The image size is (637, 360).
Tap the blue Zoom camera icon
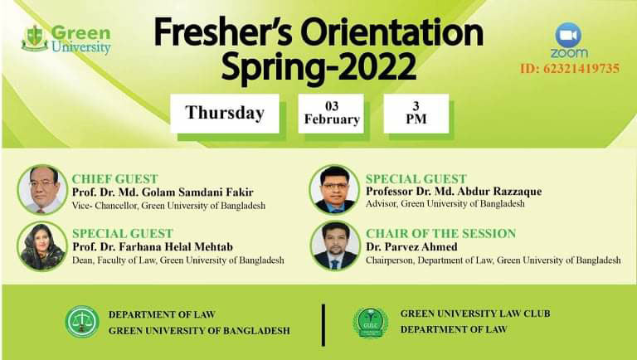568,35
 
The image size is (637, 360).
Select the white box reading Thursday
225,113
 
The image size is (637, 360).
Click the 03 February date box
332,113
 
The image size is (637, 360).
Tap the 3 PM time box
416,113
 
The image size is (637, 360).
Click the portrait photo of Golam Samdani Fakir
42,190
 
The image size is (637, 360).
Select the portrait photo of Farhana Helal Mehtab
42,246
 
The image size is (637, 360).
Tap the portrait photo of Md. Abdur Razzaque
335,190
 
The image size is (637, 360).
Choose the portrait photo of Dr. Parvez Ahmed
335,246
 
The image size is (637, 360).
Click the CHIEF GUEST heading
110,178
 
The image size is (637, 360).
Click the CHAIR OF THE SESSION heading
440,233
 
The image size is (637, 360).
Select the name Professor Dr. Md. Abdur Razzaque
453,192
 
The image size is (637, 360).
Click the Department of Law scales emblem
82,322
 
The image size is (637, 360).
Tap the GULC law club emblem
370,322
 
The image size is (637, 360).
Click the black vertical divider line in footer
323,323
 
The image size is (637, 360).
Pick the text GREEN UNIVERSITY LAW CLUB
475,314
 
